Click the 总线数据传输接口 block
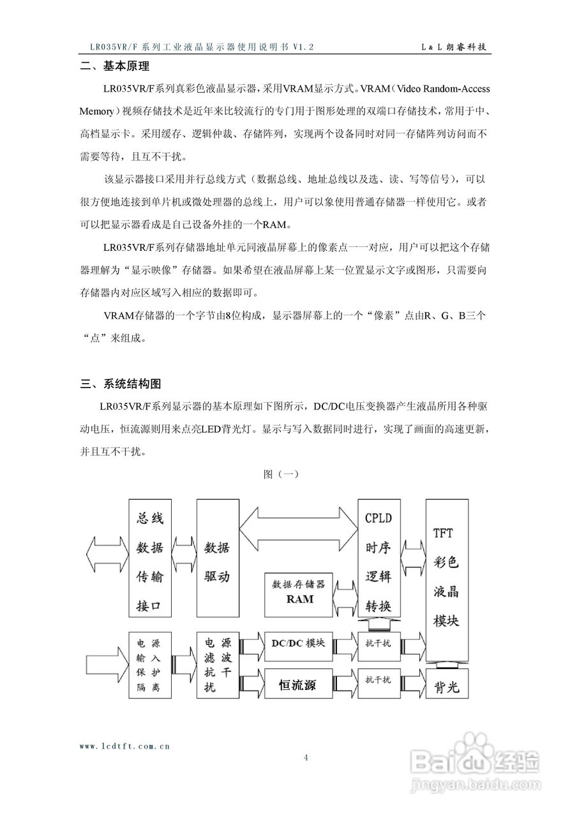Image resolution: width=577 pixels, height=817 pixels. tap(151, 558)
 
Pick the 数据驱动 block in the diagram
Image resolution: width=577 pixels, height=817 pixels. tap(216, 558)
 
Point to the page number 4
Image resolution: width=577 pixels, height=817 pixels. tap(306, 758)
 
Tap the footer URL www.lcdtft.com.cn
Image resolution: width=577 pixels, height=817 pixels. tap(124, 745)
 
